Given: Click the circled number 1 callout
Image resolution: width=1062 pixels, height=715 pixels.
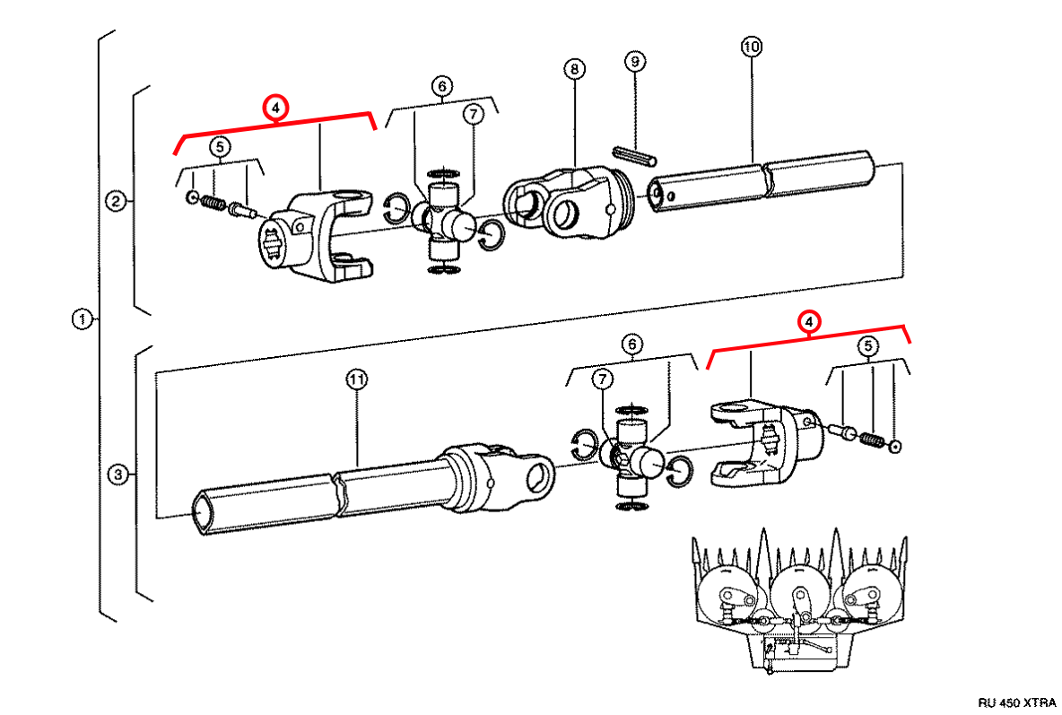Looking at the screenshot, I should coord(82,318).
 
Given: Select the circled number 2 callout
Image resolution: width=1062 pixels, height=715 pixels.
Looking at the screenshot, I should coord(116,201).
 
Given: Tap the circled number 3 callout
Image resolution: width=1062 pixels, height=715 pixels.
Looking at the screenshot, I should coord(116,475).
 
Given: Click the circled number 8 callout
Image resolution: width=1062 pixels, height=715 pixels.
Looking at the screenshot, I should coord(574,68).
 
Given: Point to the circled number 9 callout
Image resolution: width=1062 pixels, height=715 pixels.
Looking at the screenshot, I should coord(635,62).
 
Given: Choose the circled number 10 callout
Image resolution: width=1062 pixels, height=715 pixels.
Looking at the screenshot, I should coord(751,46).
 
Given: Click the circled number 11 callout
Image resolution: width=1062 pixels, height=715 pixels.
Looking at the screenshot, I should coord(357,380).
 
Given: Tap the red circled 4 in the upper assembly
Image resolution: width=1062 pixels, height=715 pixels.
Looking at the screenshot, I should coord(276,108).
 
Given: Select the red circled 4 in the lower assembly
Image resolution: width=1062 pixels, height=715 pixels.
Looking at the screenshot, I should coord(809,321).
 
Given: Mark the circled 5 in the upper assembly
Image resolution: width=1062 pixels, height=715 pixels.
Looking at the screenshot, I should coord(219,146).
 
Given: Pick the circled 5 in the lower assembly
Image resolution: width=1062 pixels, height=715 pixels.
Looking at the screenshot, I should coord(866,345).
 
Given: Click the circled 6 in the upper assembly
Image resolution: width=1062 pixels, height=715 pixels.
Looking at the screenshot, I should coord(441,86).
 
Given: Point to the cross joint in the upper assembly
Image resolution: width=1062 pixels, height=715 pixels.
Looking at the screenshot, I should coord(444,220).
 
